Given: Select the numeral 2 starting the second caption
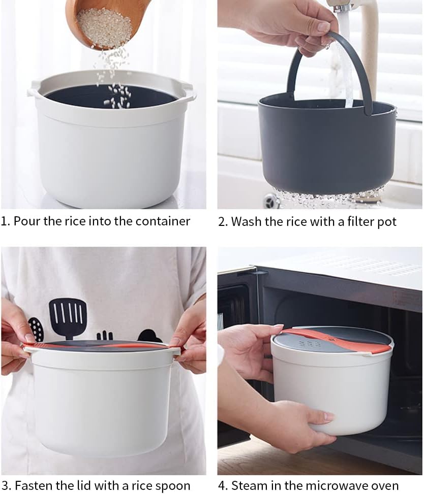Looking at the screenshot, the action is click(x=222, y=222).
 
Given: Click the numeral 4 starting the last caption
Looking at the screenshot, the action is click(x=222, y=485).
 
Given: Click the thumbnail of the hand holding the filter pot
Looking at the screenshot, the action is click(x=322, y=27).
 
